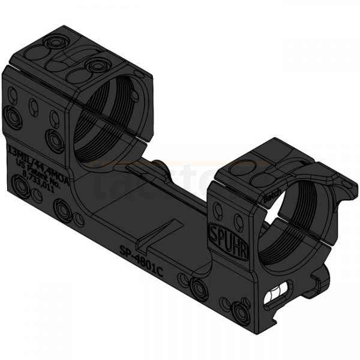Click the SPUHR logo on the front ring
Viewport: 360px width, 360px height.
[219, 232]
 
